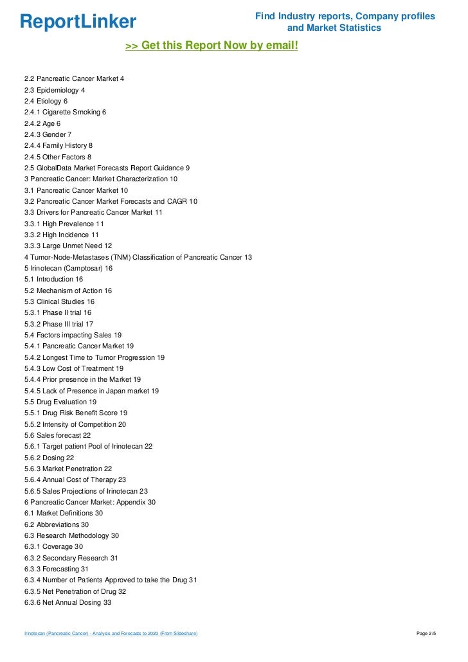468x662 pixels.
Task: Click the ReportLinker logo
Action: (x=78, y=22)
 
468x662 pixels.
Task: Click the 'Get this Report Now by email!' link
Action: (x=212, y=46)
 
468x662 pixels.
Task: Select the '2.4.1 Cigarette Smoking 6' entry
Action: (x=65, y=112)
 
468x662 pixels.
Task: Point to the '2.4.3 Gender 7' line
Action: (x=48, y=134)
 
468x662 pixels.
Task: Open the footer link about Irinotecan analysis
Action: (x=111, y=634)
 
